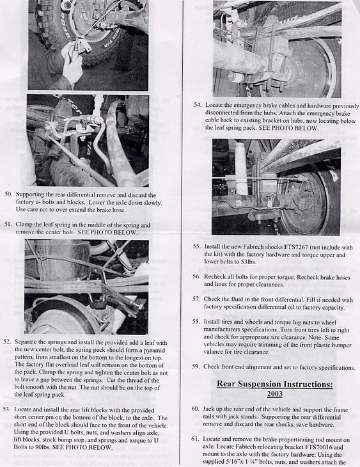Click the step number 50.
pos(8,194)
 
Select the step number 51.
pos(8,224)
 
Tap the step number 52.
pos(7,342)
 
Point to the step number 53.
pos(7,409)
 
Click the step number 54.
pos(198,105)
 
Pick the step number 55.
pos(196,246)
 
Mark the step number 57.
pos(196,299)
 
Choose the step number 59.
pos(196,367)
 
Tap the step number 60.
pos(195,409)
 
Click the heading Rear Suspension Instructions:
pos(274,384)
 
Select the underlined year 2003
pos(274,393)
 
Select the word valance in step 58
pos(213,352)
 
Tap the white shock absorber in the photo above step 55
pos(241,168)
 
